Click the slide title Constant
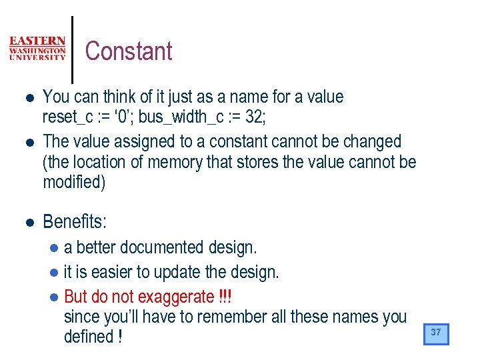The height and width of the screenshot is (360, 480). coord(129,51)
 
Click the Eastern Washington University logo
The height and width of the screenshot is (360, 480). coord(37,49)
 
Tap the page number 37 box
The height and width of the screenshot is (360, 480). coord(436,333)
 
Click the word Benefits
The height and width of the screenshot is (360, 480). coord(74,221)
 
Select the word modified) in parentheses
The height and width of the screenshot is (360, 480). coord(74,183)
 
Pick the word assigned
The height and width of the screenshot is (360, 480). coord(143,141)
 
